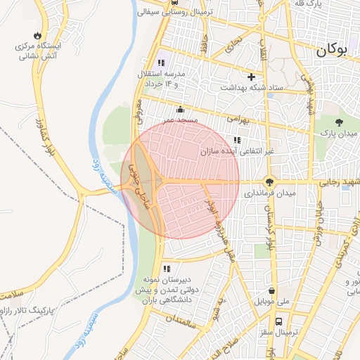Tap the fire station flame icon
(37, 35)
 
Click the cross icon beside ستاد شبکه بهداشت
(251, 77)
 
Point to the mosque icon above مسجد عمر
(180, 109)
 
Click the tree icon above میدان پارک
(339, 121)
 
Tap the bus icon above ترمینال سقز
(279, 321)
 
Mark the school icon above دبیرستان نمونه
(167, 269)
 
